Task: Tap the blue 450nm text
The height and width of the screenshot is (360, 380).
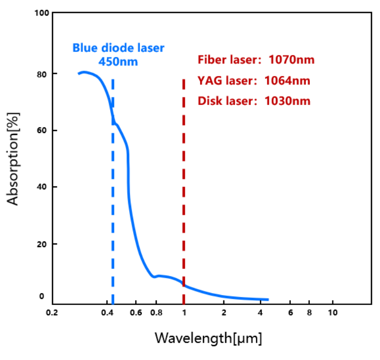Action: click(x=118, y=62)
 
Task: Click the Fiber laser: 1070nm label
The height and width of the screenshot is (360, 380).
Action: click(x=256, y=60)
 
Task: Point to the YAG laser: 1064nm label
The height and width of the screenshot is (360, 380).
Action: click(x=254, y=80)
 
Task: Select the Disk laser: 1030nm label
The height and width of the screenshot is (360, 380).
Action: click(x=254, y=101)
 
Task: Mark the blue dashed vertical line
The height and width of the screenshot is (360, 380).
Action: click(x=113, y=200)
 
